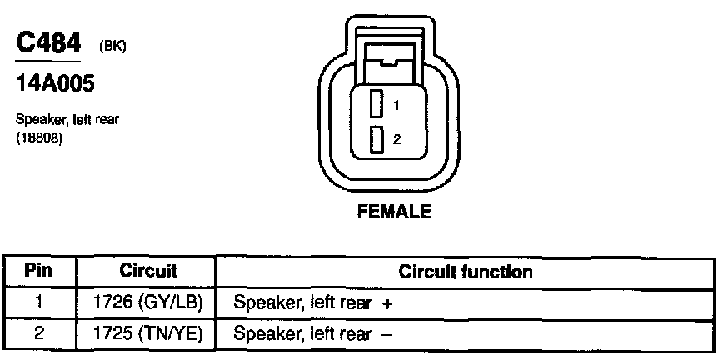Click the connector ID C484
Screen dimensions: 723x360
(x=47, y=43)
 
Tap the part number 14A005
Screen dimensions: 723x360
(x=54, y=84)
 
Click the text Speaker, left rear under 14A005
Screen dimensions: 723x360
(x=67, y=119)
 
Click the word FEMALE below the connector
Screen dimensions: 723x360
(x=394, y=212)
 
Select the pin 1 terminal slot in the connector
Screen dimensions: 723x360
(x=376, y=105)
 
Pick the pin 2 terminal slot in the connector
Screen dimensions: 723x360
(x=376, y=138)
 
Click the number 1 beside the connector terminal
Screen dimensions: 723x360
(x=397, y=106)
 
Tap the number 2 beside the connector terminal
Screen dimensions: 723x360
(x=397, y=139)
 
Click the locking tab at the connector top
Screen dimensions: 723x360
(x=387, y=58)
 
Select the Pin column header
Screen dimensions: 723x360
(x=38, y=271)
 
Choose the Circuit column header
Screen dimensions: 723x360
(x=148, y=271)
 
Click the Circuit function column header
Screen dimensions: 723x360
(x=466, y=271)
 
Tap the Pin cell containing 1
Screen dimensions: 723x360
(x=38, y=302)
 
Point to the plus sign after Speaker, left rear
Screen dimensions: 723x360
(x=386, y=303)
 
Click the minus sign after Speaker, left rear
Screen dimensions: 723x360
(x=386, y=334)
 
